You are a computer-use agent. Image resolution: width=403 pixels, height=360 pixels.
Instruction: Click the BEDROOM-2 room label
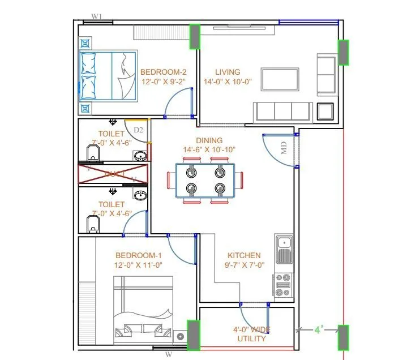(x=164, y=72)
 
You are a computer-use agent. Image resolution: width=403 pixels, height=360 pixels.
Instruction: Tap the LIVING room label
(x=228, y=72)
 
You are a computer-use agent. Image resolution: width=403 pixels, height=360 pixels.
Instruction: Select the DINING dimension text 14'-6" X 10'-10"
(x=209, y=149)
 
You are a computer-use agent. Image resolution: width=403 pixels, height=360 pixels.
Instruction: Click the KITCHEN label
(x=244, y=255)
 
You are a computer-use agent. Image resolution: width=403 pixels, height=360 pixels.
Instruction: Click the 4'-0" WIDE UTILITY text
(x=252, y=334)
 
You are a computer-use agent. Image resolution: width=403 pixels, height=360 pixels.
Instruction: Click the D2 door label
(x=138, y=130)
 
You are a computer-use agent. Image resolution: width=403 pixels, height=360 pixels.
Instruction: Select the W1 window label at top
(x=97, y=17)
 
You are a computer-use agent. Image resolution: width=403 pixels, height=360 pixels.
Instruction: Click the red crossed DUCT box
(x=113, y=174)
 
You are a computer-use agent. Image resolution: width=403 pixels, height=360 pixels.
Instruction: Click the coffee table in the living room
(x=280, y=78)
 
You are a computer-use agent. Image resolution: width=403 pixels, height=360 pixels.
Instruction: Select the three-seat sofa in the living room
(x=282, y=110)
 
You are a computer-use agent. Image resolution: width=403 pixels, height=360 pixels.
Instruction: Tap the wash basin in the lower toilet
(x=140, y=196)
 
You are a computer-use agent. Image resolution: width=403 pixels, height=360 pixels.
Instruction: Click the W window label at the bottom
(x=168, y=354)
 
